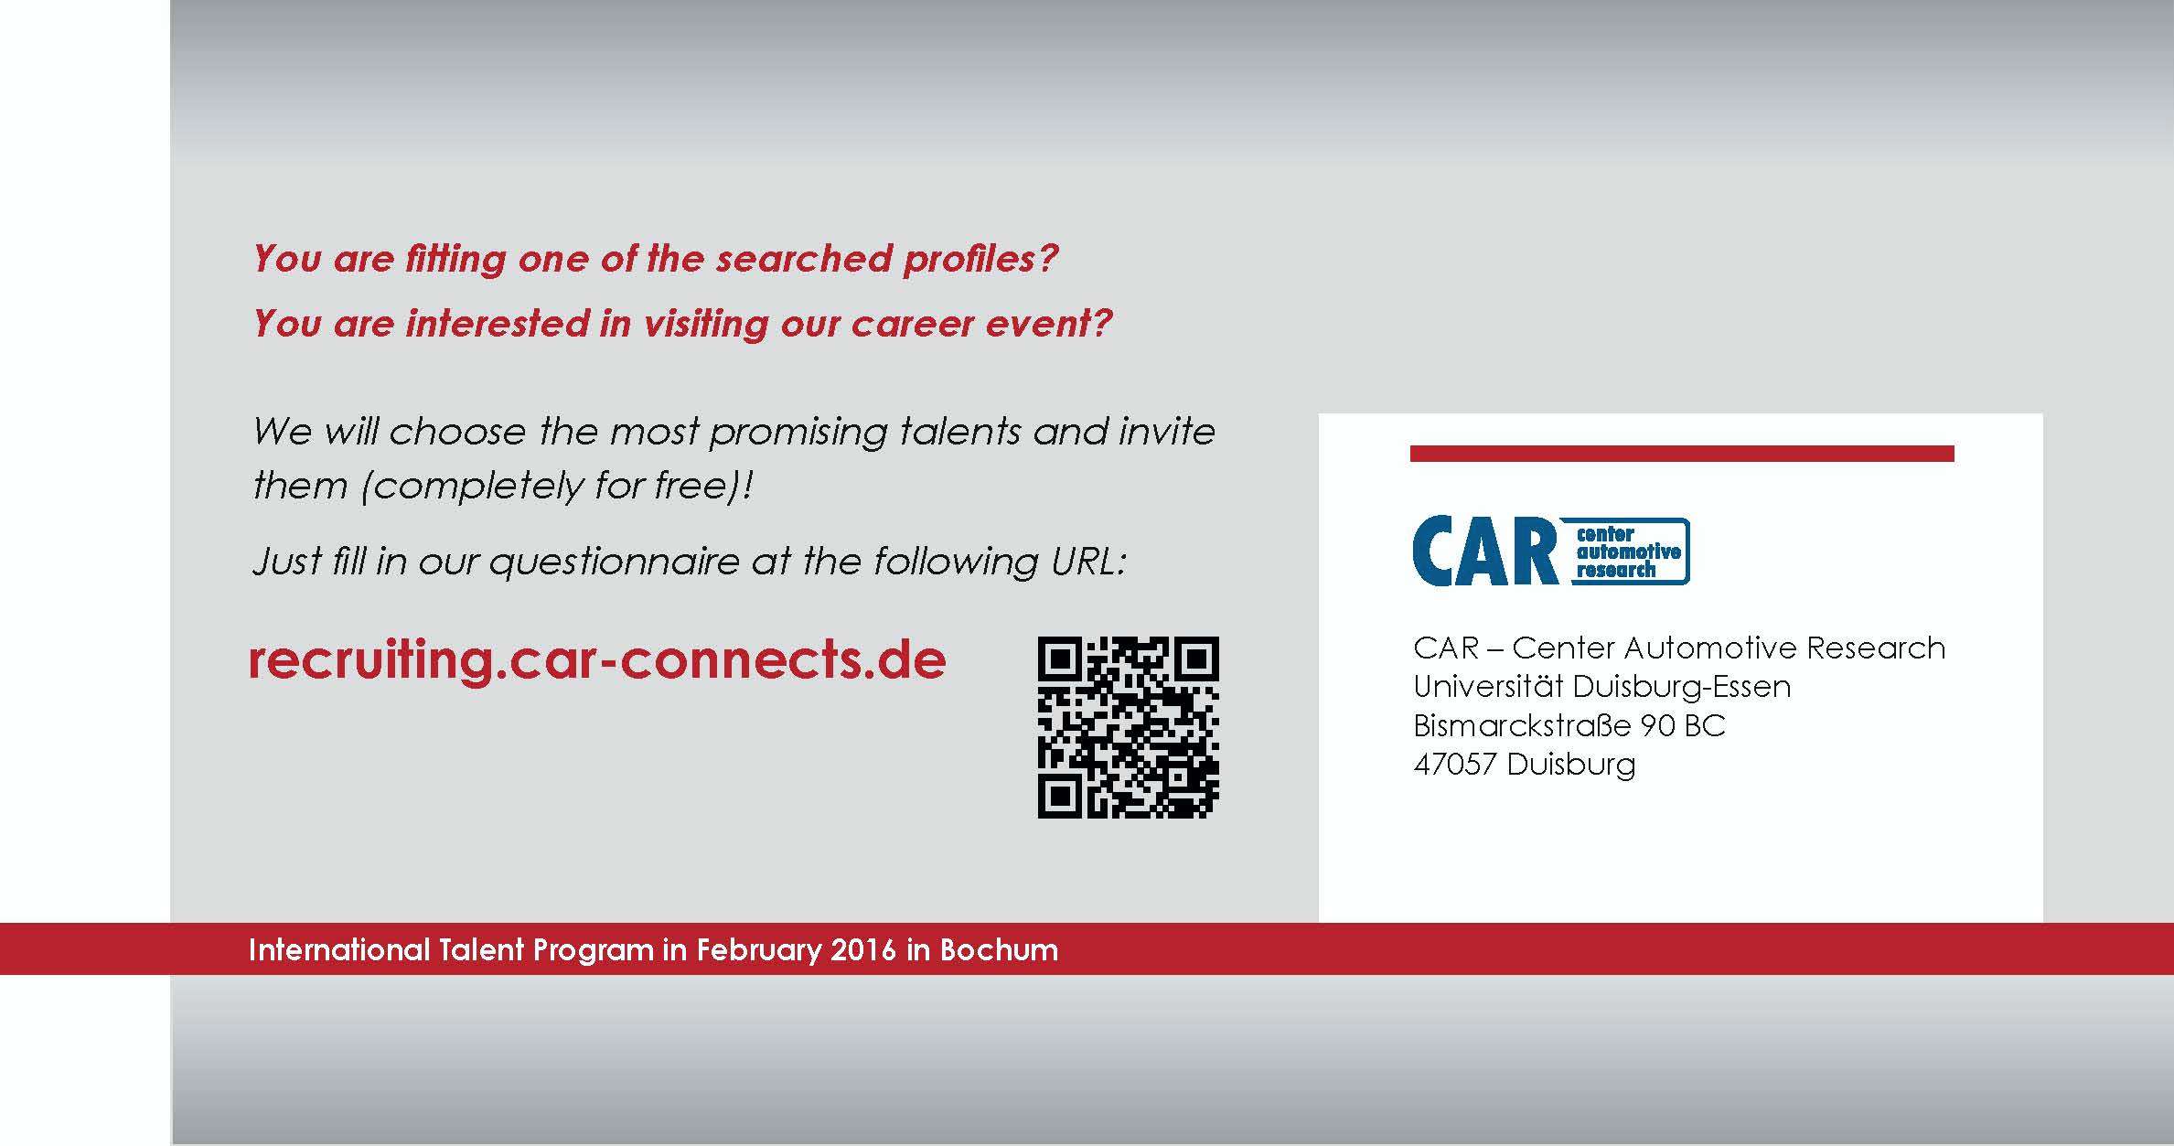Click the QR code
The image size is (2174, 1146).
[1128, 727]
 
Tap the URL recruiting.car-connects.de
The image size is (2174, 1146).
[597, 661]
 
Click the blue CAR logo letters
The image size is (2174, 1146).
[1485, 551]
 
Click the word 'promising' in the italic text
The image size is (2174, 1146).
[798, 433]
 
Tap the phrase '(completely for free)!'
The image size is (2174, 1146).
[557, 486]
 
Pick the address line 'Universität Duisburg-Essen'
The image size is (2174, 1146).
[1601, 686]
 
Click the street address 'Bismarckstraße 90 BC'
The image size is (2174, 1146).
[1569, 725]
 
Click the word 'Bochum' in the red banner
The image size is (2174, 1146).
[999, 950]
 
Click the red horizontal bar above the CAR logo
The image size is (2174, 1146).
[1682, 454]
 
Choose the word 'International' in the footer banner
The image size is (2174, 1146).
[338, 950]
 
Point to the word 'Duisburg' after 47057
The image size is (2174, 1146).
[1570, 765]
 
